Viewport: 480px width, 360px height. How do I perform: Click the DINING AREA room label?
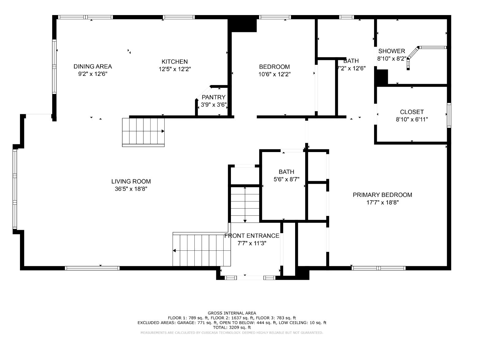pyautogui.click(x=92, y=66)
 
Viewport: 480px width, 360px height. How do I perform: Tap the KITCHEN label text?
pyautogui.click(x=174, y=62)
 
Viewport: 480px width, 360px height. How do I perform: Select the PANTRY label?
pyautogui.click(x=213, y=97)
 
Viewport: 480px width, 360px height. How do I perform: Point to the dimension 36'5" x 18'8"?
pyautogui.click(x=131, y=189)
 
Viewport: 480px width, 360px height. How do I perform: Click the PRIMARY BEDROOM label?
pyautogui.click(x=382, y=195)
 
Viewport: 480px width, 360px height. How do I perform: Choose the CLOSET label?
pyautogui.click(x=412, y=112)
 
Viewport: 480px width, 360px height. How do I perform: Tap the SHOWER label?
pyautogui.click(x=392, y=51)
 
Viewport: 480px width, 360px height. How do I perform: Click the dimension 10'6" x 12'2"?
pyautogui.click(x=274, y=74)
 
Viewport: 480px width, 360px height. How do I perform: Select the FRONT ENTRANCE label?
pyautogui.click(x=252, y=236)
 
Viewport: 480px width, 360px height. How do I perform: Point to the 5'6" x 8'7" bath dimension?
pyautogui.click(x=286, y=179)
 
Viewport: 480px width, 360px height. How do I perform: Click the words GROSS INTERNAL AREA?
pyautogui.click(x=232, y=313)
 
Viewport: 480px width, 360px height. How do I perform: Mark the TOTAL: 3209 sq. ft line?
pyautogui.click(x=232, y=327)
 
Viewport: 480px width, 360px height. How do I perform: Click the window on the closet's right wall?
pyautogui.click(x=449, y=115)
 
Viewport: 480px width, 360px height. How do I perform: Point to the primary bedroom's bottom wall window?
pyautogui.click(x=378, y=268)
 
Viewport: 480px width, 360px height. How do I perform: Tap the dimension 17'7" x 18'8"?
pyautogui.click(x=382, y=202)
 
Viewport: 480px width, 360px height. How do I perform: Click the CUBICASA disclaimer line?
pyautogui.click(x=232, y=333)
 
